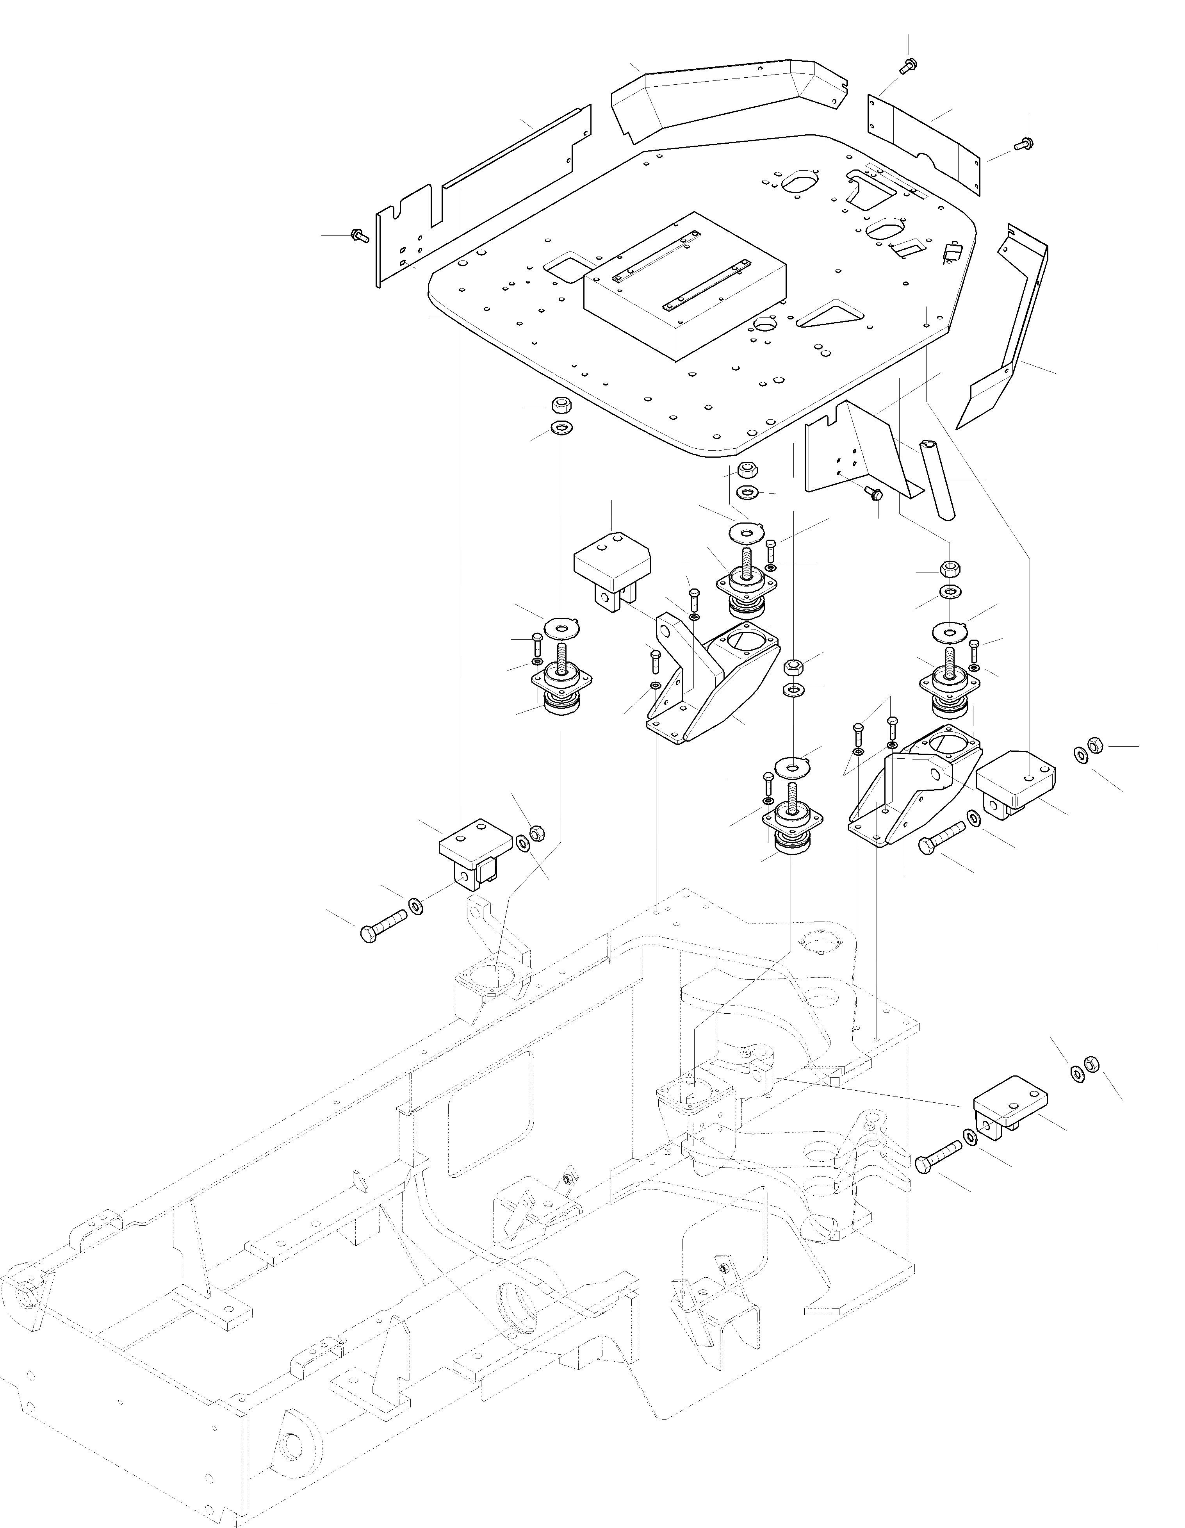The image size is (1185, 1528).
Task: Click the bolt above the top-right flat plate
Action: click(909, 66)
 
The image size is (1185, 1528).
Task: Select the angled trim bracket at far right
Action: click(1007, 336)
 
